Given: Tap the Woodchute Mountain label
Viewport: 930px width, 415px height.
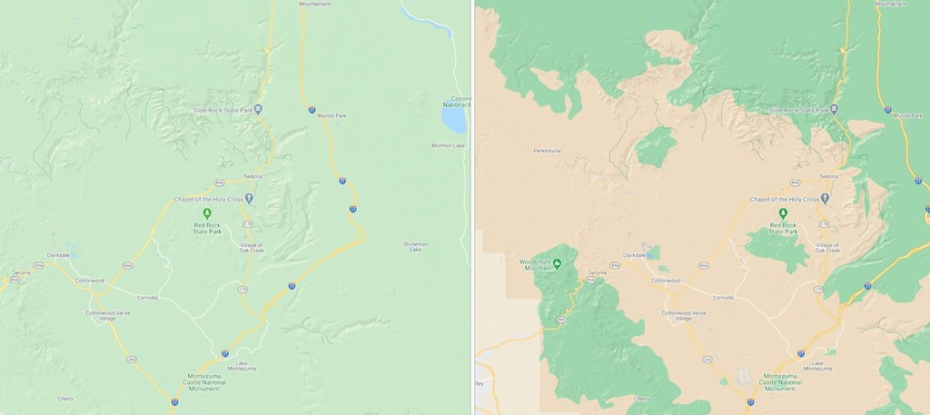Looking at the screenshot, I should tap(536, 267).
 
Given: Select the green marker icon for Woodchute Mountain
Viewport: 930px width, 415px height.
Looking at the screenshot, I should tap(558, 264).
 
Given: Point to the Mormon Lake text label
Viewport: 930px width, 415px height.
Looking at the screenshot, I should tap(448, 145).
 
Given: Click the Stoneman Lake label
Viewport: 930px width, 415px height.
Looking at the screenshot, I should tap(415, 246).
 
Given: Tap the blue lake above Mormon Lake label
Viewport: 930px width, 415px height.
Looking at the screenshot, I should tap(452, 118).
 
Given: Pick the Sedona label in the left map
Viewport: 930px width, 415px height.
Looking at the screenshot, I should tap(252, 176).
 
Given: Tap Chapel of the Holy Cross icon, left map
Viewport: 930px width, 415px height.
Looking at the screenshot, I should tap(249, 198).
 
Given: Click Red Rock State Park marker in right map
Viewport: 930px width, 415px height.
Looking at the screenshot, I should tap(783, 212).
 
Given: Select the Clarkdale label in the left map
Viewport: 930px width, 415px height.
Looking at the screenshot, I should tap(58, 255).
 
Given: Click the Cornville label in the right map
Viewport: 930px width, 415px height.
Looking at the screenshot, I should tap(723, 297).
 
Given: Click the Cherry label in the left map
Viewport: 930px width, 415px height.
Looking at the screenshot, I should tap(65, 399).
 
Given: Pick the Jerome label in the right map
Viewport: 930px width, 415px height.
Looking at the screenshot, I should tap(597, 272).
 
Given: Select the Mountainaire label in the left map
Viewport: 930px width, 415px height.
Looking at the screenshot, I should tap(314, 5).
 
